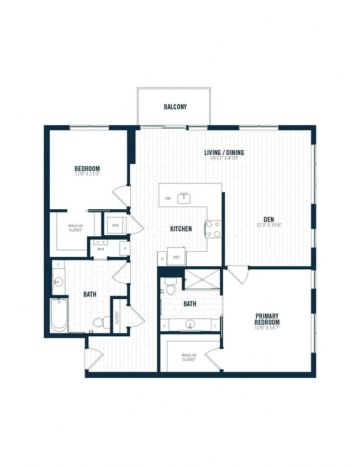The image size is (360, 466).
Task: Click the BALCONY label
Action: point(175,107)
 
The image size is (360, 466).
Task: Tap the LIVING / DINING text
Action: point(224,152)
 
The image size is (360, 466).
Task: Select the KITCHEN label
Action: point(181,229)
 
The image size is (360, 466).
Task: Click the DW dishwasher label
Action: point(167,198)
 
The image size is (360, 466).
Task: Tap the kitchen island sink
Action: point(184,198)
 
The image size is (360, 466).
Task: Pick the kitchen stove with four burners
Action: point(214,229)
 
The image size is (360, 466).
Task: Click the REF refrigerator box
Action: point(177,257)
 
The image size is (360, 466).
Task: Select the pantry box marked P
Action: point(162,258)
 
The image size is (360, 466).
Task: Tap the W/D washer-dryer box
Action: point(117,225)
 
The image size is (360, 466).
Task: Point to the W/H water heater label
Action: point(100,249)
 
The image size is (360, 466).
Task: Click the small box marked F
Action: point(125,249)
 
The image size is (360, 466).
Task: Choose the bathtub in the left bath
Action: point(59,315)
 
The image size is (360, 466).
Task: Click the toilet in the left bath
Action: point(100,322)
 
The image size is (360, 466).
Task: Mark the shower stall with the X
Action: point(202,279)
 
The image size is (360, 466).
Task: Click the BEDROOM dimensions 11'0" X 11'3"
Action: point(87,174)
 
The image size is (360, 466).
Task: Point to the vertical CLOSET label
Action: point(117,317)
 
